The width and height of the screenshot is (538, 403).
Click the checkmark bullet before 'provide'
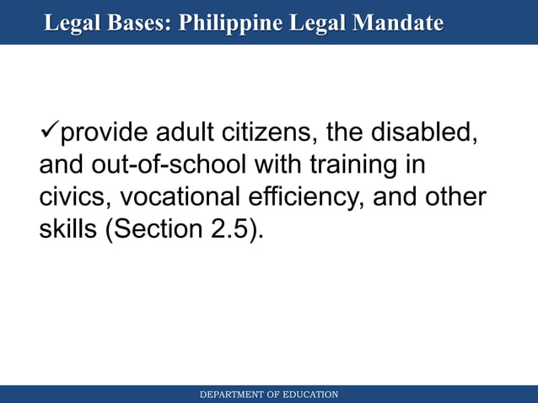(49, 132)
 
